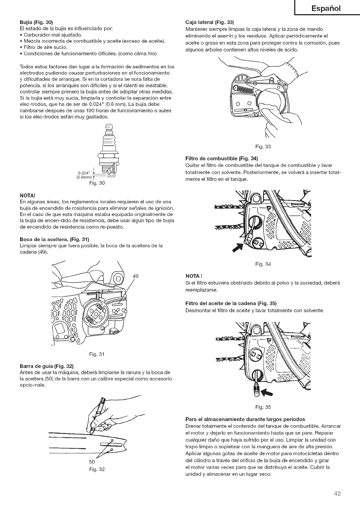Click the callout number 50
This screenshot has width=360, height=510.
click(x=91, y=462)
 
